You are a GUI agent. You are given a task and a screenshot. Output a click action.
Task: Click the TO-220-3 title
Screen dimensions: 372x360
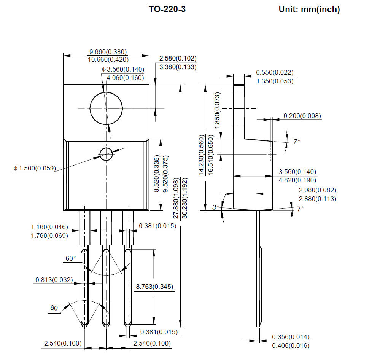tap(167, 9)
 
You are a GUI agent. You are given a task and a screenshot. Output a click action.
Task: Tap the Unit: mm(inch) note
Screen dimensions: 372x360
tap(309, 10)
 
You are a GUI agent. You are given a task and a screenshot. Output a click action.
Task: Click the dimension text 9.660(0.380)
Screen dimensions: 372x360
tap(108, 52)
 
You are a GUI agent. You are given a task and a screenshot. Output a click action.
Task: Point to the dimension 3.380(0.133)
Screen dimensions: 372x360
tap(178, 67)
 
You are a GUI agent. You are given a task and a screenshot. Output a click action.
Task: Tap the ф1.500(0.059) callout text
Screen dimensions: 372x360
tap(35, 168)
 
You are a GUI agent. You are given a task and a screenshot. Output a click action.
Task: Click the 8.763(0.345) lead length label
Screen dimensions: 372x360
tap(154, 287)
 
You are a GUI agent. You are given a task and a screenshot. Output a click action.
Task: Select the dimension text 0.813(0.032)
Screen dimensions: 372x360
tap(54, 280)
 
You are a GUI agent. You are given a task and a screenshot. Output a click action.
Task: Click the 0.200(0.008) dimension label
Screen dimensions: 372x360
tap(302, 116)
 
